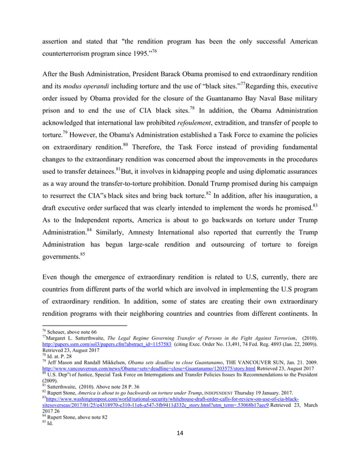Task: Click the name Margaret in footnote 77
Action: [58, 337]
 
